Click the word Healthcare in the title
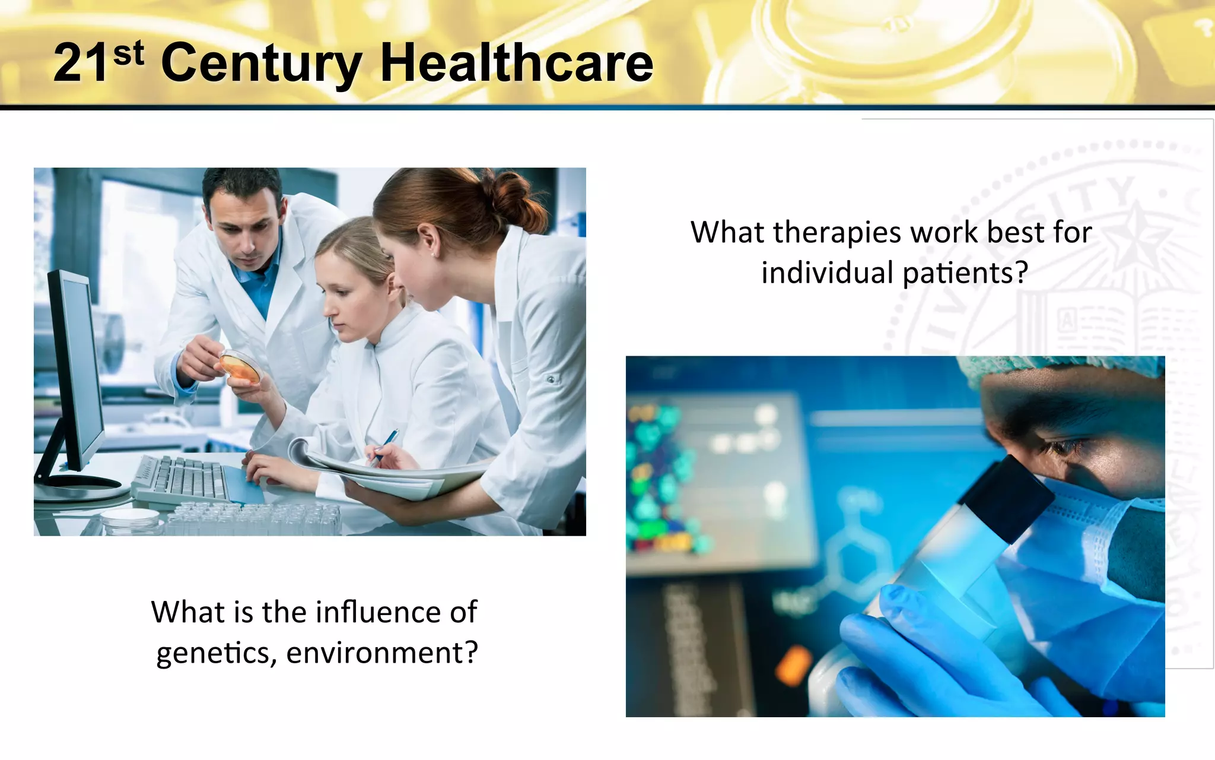[x=516, y=63]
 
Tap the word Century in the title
[x=261, y=64]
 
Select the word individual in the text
[x=827, y=273]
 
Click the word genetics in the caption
[x=214, y=653]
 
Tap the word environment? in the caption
[x=382, y=653]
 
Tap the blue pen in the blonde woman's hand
[x=384, y=444]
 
